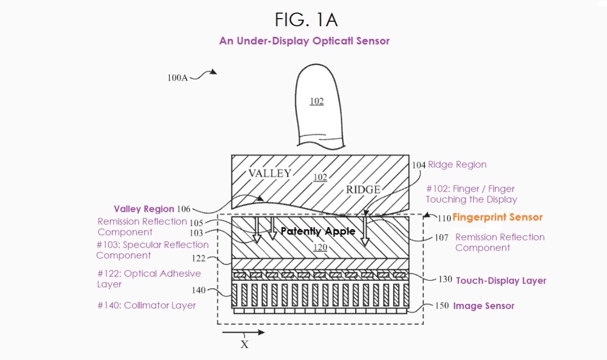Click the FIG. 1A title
click(306, 20)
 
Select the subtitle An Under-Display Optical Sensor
click(304, 41)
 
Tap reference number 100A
click(178, 78)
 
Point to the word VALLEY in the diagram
click(270, 173)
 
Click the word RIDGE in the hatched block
click(363, 190)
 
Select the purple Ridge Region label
click(457, 165)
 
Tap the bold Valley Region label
click(144, 209)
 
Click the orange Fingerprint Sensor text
click(497, 217)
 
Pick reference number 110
click(444, 218)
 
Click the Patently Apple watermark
click(318, 231)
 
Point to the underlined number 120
click(320, 248)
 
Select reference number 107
click(441, 237)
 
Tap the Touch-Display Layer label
click(501, 281)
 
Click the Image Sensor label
click(484, 306)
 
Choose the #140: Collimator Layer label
click(146, 305)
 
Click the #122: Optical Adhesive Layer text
click(149, 279)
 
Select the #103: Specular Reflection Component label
click(152, 250)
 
